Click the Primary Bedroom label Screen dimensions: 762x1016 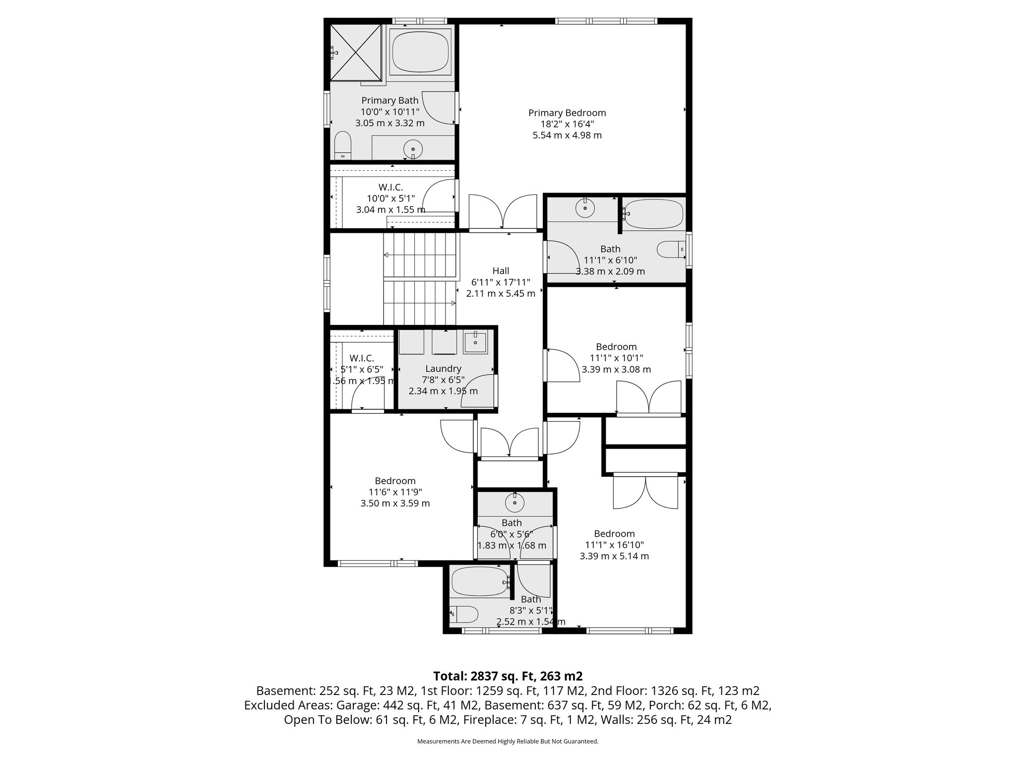coord(567,113)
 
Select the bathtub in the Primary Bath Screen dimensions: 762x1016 coord(420,51)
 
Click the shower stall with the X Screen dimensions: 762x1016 coord(355,52)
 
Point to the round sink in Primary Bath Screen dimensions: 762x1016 coord(413,148)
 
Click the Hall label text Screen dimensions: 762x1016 coord(501,271)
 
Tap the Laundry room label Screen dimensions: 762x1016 coord(443,369)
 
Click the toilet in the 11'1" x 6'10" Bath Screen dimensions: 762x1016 coord(671,250)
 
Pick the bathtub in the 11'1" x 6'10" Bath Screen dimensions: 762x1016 coord(653,214)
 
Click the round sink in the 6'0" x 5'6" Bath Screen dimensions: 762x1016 coord(514,503)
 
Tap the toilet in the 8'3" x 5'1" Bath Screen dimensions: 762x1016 coord(464,615)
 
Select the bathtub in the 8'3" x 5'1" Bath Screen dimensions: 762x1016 coord(479,581)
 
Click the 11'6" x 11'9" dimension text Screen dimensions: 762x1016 coord(395,492)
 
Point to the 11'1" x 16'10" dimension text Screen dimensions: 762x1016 coord(614,545)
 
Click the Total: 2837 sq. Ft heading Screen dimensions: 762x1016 coord(508,676)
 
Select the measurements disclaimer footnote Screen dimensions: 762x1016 coord(508,741)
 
